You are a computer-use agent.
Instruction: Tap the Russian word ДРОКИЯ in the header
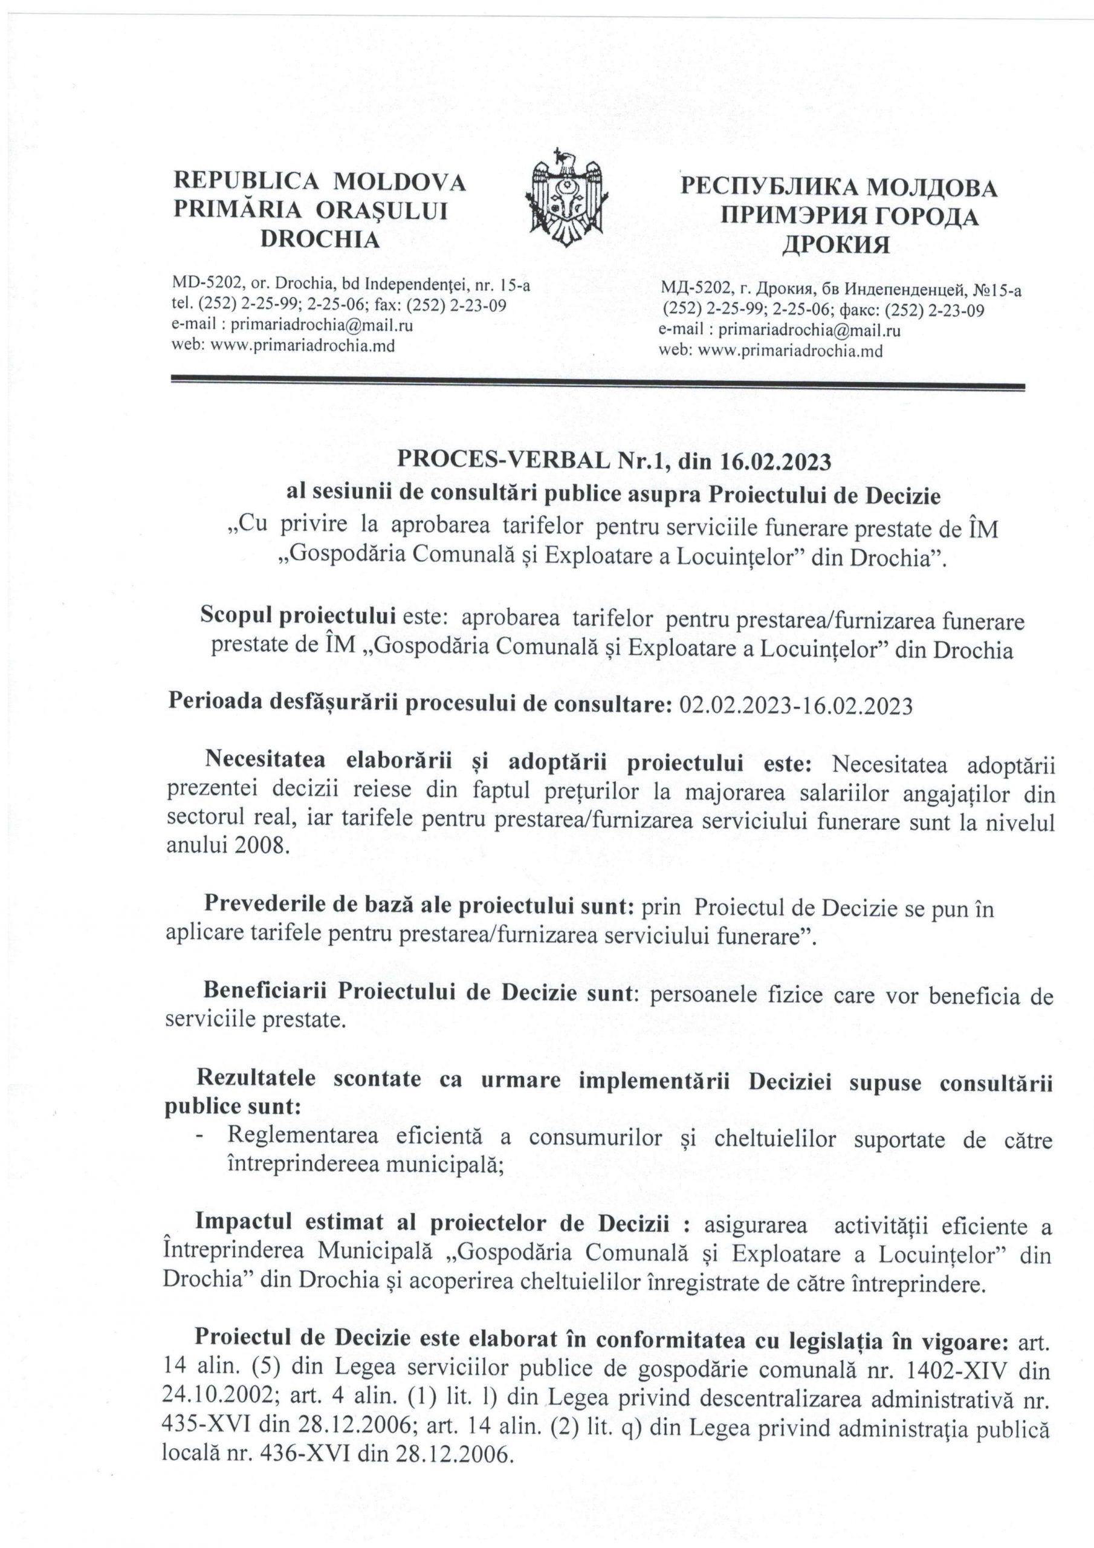(x=835, y=245)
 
